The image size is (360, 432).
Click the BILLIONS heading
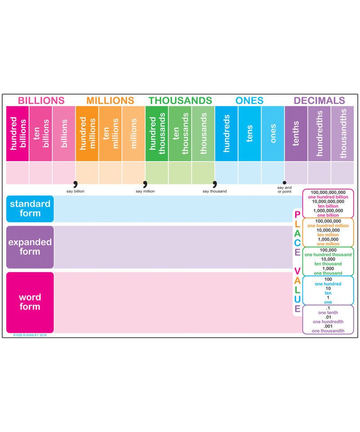coord(41,100)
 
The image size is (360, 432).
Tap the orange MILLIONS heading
coord(110,100)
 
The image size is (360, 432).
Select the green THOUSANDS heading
coord(180,100)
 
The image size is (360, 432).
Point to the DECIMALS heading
coord(319,100)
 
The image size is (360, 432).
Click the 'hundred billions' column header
coord(18,133)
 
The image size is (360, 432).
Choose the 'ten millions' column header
coord(110,133)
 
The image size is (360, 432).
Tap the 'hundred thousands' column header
coord(157,133)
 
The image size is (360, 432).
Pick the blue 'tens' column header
coord(250,133)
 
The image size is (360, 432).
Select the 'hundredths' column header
coord(319,133)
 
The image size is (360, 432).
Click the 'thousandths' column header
coord(343,133)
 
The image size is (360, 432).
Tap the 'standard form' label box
coord(30,209)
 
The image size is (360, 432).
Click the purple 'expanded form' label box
coord(30,247)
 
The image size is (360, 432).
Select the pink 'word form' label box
coord(30,302)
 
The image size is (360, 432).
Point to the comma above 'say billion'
coord(75,184)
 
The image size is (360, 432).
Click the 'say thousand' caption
coord(215,191)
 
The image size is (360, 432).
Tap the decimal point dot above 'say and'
coord(284,182)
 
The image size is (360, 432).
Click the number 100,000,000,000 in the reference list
coord(328,193)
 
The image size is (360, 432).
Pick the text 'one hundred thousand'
coord(328,255)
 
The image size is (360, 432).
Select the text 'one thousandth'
coord(328,331)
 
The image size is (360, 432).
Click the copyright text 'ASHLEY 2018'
coord(30,335)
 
